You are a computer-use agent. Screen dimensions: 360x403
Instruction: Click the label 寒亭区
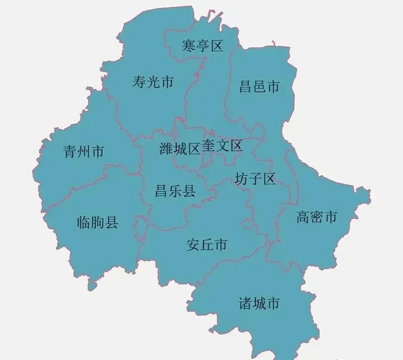202,46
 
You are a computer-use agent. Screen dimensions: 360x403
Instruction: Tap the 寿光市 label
153,82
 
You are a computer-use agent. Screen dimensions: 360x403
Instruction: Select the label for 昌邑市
259,86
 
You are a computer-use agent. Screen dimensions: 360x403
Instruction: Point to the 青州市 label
84,151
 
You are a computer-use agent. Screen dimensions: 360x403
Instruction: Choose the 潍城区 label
180,148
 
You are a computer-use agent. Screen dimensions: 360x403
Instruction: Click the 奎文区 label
222,146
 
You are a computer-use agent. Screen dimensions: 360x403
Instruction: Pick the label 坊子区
255,179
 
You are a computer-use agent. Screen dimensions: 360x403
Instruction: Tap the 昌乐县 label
175,191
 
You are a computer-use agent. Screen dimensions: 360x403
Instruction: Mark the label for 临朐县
97,222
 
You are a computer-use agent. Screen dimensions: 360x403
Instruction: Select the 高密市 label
317,217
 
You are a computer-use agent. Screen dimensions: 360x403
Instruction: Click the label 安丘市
207,244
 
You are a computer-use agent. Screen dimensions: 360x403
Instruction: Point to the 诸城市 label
259,303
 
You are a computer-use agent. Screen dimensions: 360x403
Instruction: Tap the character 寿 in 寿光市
139,82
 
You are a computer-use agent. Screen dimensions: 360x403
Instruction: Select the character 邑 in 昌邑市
259,86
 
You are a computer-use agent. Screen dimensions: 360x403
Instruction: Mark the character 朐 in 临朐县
97,222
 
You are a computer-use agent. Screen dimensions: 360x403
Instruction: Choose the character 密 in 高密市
317,217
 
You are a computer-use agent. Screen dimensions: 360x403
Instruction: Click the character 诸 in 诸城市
245,303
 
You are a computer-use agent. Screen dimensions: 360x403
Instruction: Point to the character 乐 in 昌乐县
175,191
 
